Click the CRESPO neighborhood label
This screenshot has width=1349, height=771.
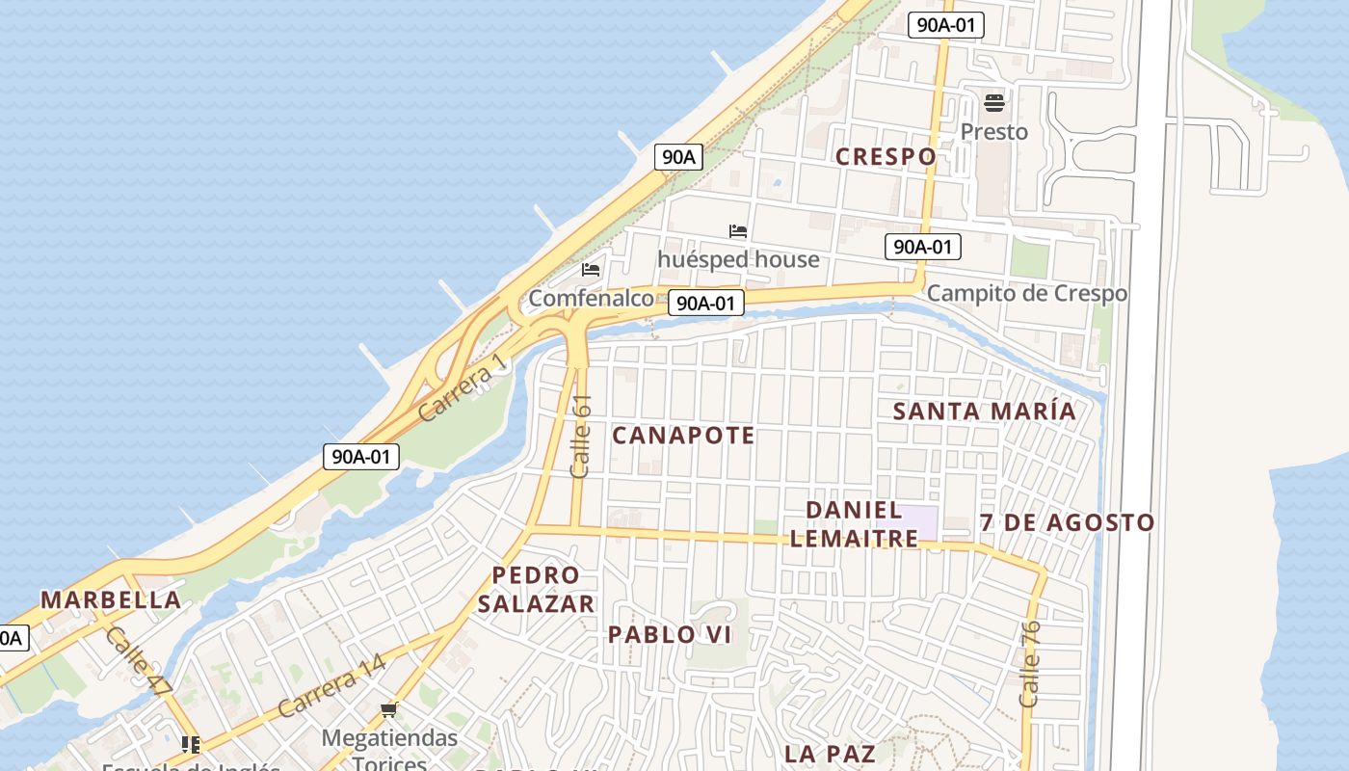click(886, 156)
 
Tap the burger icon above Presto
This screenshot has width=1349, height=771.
click(994, 102)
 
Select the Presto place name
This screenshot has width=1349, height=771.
click(994, 131)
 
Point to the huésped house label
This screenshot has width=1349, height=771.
click(738, 259)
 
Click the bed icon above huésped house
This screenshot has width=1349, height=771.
click(738, 231)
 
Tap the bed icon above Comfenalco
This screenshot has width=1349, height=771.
click(591, 270)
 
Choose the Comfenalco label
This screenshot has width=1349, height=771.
click(591, 298)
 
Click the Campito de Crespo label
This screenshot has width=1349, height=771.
click(1027, 293)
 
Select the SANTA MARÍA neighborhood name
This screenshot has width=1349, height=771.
click(984, 411)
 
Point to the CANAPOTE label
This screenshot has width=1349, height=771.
click(683, 435)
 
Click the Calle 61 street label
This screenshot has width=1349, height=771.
click(581, 436)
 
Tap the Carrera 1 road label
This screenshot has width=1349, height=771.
click(462, 386)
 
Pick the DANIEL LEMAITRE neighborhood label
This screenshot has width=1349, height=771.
click(854, 523)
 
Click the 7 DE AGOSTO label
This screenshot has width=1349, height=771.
click(1067, 522)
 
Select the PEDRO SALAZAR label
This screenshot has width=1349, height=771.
click(536, 589)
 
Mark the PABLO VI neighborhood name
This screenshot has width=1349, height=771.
click(670, 634)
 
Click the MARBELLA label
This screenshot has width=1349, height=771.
click(111, 599)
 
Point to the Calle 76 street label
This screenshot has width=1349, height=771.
click(1030, 664)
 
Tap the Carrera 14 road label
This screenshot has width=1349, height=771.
click(331, 685)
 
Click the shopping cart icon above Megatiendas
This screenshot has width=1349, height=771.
click(388, 710)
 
